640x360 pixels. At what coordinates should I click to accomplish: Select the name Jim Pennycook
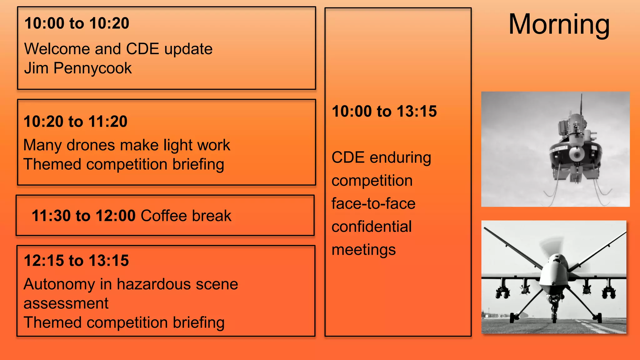point(78,68)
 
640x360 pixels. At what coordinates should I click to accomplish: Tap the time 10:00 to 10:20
point(77,23)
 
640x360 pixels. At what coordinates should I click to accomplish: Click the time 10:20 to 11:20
point(75,122)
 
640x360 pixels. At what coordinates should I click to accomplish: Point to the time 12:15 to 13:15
point(76,261)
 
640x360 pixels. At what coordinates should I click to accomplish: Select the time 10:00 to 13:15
point(384,112)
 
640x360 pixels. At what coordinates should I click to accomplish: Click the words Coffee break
point(186,216)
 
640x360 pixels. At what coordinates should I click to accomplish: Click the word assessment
point(66,303)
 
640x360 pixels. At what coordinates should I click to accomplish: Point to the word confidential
point(372,227)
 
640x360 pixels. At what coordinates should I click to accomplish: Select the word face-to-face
point(373,203)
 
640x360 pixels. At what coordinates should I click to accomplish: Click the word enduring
point(400,157)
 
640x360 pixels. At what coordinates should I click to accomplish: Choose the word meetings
point(363,250)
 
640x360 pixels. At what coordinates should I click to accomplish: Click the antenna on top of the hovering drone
point(581,103)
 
